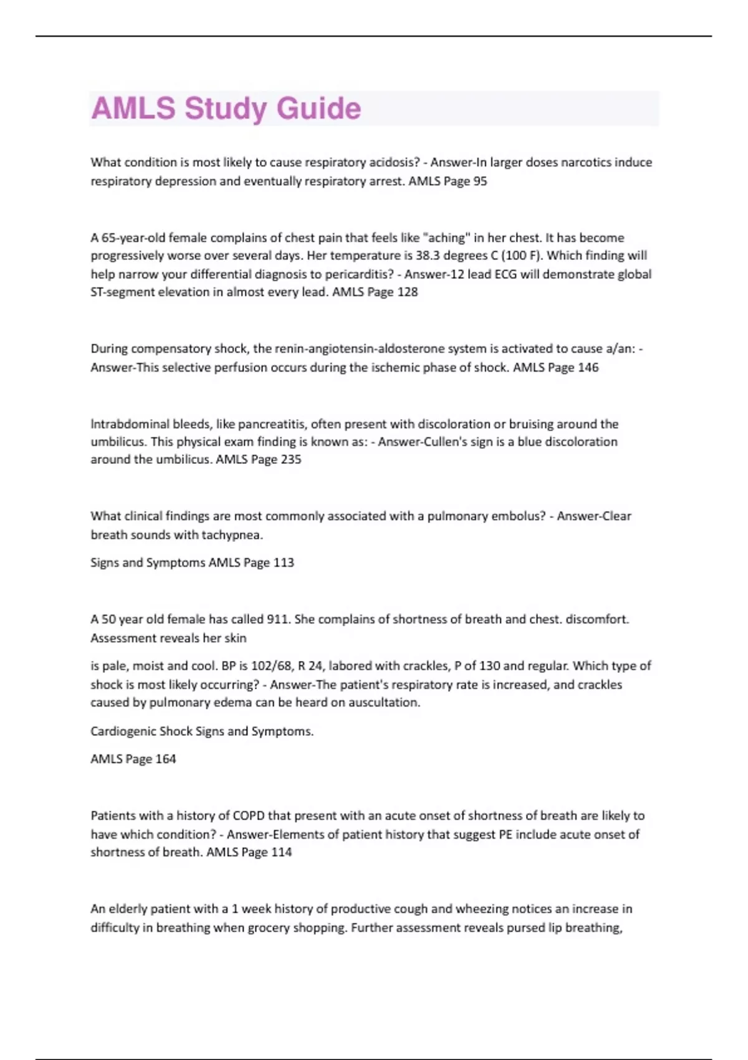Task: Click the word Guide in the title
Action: click(x=319, y=108)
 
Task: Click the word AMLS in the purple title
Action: click(x=133, y=108)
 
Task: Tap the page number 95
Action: click(x=480, y=181)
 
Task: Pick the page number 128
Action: click(x=407, y=292)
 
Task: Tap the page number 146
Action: click(x=588, y=367)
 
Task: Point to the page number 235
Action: click(x=290, y=460)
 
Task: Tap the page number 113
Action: click(x=284, y=562)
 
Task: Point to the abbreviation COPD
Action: click(x=249, y=816)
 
